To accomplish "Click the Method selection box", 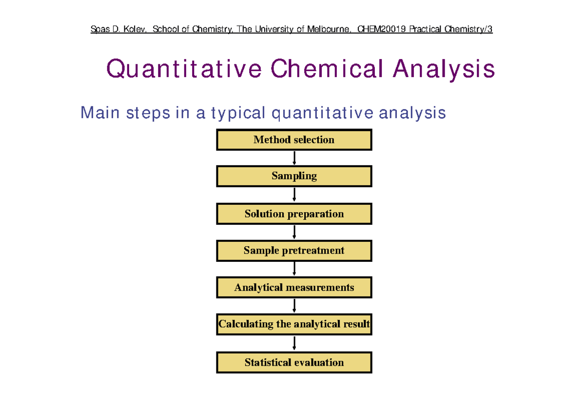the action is click(x=294, y=140).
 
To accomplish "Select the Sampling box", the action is click(x=294, y=176).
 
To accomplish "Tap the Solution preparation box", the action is click(x=294, y=214).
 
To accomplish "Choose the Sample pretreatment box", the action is click(x=294, y=251).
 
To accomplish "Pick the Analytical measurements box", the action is click(x=294, y=287).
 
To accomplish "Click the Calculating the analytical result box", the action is click(x=294, y=324).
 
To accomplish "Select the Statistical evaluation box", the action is click(x=294, y=362).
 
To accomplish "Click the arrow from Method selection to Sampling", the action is click(x=294, y=158).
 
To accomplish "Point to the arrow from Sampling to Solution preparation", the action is click(x=294, y=195).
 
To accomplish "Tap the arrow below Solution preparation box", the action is click(x=294, y=232).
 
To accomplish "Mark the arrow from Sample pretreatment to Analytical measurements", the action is click(x=294, y=269).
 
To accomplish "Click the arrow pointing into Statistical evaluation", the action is click(x=294, y=343).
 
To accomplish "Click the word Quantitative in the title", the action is click(x=184, y=69).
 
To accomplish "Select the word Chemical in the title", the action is click(x=327, y=68).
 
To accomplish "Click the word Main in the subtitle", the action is click(x=100, y=113).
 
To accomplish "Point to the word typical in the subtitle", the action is click(x=238, y=114).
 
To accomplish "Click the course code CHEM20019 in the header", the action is click(x=381, y=29).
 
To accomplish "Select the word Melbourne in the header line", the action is click(x=328, y=29).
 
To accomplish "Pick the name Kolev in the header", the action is click(x=134, y=29).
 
